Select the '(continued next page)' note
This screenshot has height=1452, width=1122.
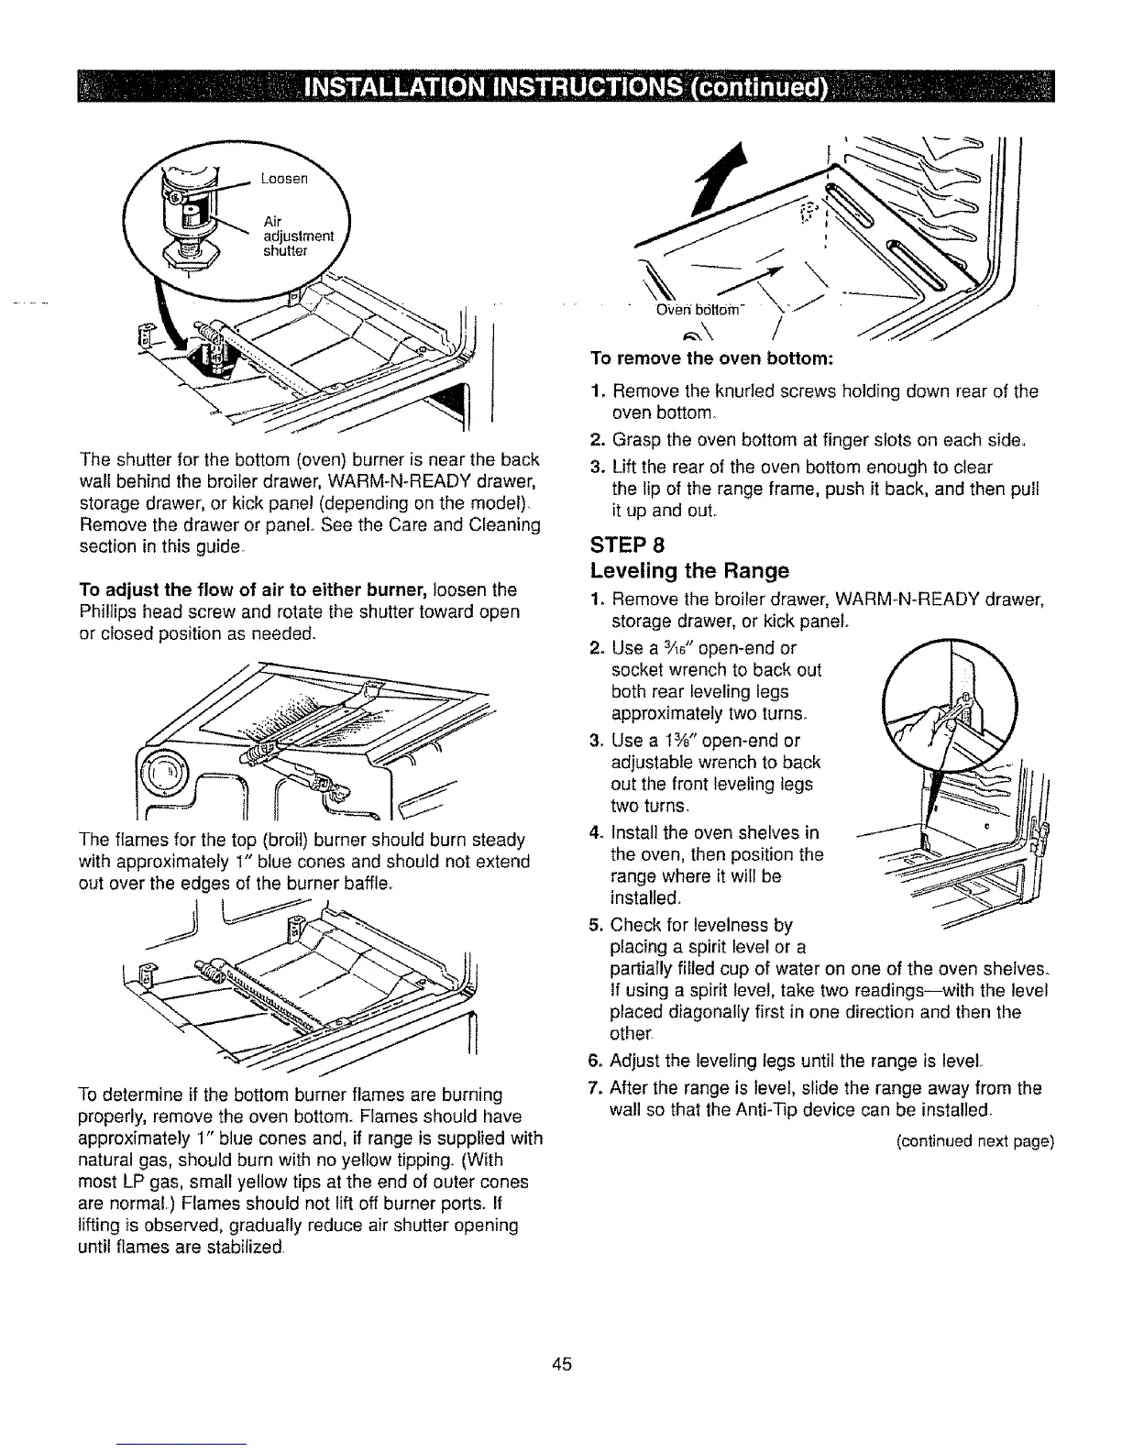pyautogui.click(x=975, y=1141)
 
